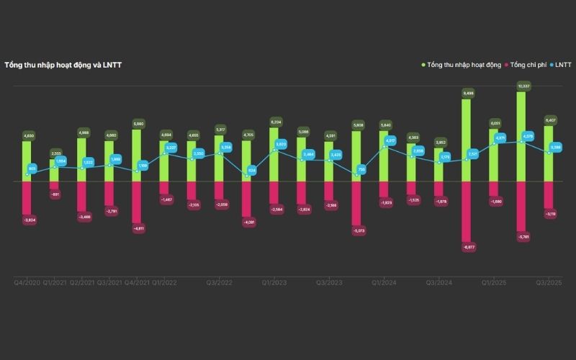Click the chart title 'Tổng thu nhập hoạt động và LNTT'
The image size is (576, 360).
pos(63,65)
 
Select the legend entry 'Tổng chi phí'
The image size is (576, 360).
pos(528,65)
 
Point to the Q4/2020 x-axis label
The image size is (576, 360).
pos(27,283)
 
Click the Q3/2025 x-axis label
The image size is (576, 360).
pos(549,283)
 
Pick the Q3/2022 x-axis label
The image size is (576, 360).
pos(219,283)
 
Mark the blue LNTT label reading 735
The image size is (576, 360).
pos(361,169)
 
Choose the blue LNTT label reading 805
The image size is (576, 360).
pos(32,168)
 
